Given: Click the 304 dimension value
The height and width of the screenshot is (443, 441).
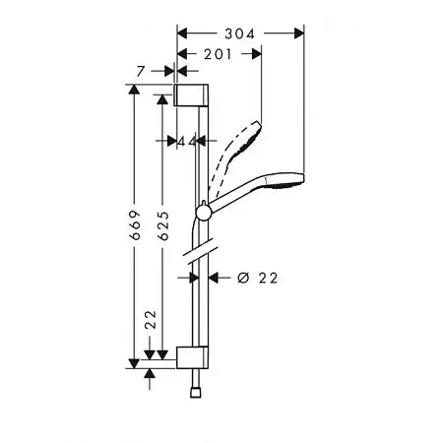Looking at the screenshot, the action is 239,33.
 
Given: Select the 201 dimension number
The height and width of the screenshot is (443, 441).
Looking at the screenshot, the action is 218,54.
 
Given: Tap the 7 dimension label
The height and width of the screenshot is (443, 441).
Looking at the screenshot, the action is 141,71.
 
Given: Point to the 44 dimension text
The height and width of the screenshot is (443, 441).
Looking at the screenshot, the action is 187,142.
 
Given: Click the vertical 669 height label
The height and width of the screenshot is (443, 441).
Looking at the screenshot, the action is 135,224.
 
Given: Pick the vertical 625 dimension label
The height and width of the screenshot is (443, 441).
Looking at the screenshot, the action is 163,225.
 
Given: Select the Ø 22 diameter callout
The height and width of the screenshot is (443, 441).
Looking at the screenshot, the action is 258,278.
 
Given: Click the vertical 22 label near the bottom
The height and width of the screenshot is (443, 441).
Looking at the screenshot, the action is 151,319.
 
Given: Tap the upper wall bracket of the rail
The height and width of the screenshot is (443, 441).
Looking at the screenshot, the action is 191,95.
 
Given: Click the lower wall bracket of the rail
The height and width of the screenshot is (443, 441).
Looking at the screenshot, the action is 192,357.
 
